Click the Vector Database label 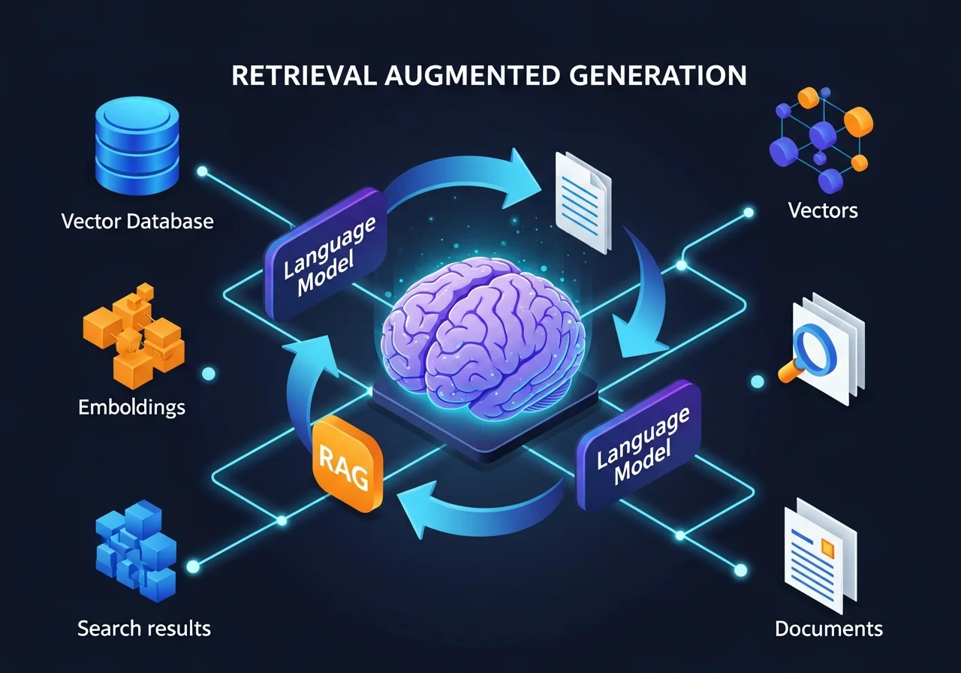tap(137, 222)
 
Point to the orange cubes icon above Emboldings tap(133, 336)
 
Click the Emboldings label tap(131, 408)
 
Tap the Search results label tap(144, 628)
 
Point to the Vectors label tap(823, 210)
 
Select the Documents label tap(829, 628)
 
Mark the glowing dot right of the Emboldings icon tap(207, 373)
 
